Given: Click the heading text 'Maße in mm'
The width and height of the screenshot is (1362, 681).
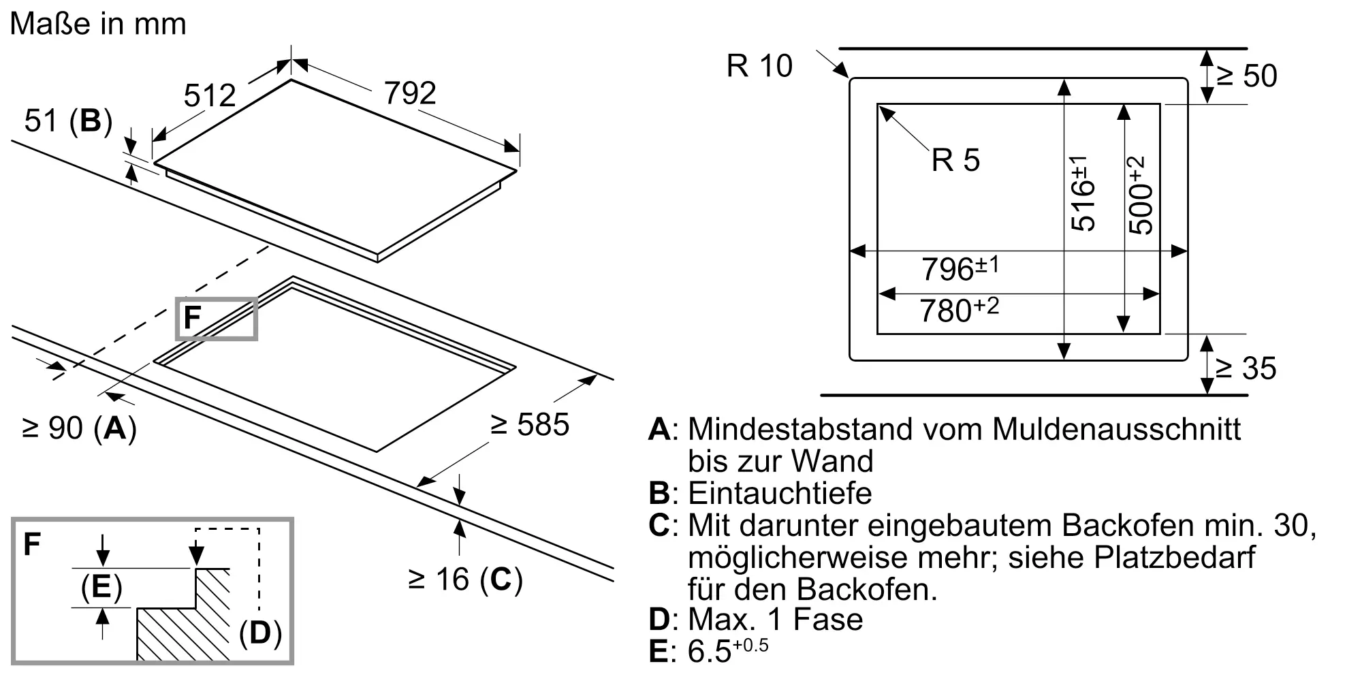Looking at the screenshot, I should (98, 25).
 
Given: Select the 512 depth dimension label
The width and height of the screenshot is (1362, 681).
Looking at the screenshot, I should (210, 95).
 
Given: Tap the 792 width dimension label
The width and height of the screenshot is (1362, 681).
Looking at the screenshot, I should (410, 93).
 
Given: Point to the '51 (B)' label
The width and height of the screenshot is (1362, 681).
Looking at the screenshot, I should (68, 121).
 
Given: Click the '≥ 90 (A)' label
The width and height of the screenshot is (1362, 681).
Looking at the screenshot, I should (80, 428).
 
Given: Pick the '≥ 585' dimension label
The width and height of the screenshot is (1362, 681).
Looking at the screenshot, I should (529, 425).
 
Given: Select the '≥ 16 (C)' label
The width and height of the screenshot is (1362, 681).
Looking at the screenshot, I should (465, 580).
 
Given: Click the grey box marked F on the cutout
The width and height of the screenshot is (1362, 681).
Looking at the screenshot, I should (216, 318).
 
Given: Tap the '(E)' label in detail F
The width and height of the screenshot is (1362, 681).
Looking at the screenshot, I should (101, 587).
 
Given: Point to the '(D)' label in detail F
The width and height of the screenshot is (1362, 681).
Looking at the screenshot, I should (260, 633).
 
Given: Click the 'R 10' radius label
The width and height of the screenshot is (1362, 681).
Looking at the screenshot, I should (759, 66).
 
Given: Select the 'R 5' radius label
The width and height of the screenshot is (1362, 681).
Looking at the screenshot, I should (955, 161).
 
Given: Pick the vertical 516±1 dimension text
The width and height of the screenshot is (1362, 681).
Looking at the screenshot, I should (1083, 193).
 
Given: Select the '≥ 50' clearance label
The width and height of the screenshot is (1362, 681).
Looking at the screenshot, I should (1246, 76).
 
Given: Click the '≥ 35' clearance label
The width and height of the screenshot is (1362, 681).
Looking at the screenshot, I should (1246, 368).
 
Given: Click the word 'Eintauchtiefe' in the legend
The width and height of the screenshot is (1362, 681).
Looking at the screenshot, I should (780, 493).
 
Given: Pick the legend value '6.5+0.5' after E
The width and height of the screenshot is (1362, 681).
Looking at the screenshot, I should (727, 650).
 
